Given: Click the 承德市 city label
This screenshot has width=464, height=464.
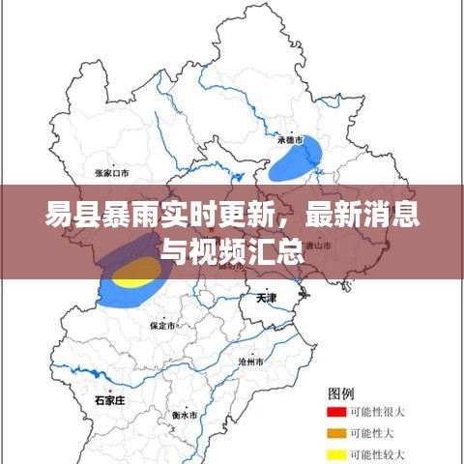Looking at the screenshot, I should [291, 140].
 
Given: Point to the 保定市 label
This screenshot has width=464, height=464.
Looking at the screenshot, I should [162, 327].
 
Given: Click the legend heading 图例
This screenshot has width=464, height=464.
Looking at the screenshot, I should [342, 392].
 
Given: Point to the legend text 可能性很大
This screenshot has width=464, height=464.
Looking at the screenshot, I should [378, 413].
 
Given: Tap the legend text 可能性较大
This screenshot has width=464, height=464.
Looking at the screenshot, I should [378, 453].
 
